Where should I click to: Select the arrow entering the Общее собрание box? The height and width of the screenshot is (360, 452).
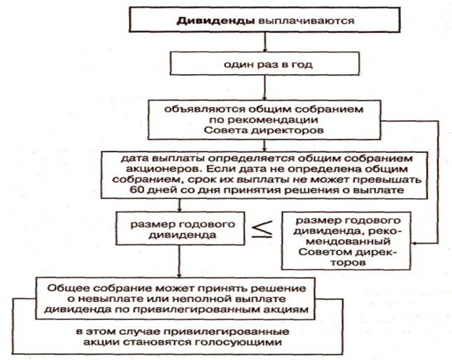181,268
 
